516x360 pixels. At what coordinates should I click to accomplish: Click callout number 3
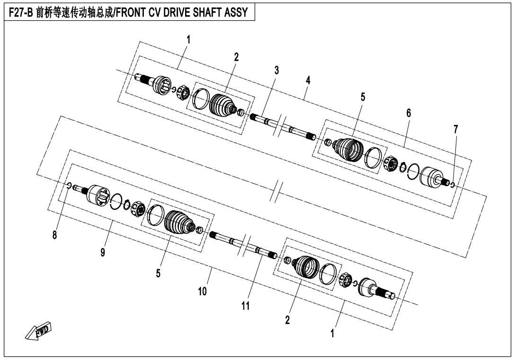(x=276, y=70)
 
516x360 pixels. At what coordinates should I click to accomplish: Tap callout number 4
(x=308, y=81)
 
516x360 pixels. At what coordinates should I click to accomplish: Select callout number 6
(x=409, y=113)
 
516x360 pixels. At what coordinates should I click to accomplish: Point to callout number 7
(x=455, y=129)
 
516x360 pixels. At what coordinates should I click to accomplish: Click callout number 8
(x=54, y=235)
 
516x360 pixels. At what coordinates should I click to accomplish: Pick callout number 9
(x=103, y=252)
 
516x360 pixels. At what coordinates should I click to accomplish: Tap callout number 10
(x=203, y=291)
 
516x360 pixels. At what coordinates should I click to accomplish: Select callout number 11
(x=246, y=306)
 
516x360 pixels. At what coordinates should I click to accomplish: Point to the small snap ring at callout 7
(x=453, y=184)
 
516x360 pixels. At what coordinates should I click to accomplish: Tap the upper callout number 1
(x=188, y=40)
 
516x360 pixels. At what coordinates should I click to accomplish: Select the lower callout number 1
(x=332, y=333)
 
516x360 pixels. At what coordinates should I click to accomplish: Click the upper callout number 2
(x=236, y=57)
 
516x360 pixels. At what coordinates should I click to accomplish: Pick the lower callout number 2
(x=287, y=319)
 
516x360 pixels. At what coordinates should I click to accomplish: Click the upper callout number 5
(x=363, y=97)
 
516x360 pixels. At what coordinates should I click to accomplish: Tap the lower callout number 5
(x=158, y=273)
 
